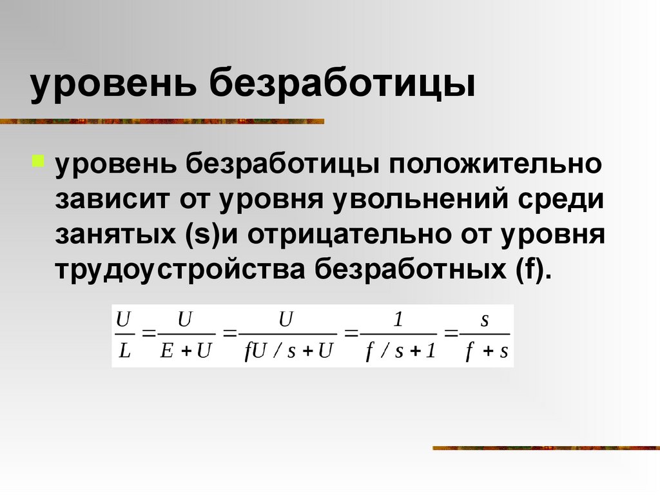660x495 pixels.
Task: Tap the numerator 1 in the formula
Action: coord(398,318)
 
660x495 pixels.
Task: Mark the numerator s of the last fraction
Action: coord(485,320)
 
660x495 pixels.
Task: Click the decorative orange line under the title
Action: coord(161,121)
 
